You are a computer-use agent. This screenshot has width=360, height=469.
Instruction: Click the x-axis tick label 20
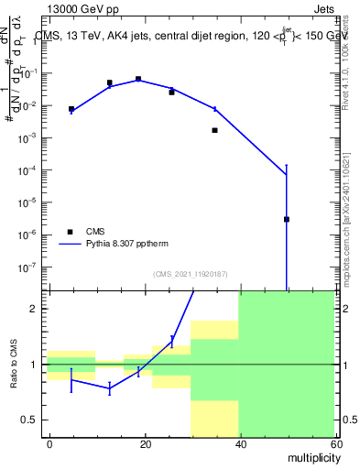click(x=145, y=443)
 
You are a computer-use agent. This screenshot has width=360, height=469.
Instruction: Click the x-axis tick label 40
click(x=239, y=443)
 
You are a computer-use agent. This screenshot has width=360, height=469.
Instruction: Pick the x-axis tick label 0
click(x=49, y=443)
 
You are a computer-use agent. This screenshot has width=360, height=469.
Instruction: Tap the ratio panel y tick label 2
click(x=36, y=309)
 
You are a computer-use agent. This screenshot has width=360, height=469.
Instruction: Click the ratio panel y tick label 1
click(x=36, y=365)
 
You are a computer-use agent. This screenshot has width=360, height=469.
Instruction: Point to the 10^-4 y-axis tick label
click(x=30, y=170)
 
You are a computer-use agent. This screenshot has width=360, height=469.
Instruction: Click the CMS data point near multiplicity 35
click(x=215, y=130)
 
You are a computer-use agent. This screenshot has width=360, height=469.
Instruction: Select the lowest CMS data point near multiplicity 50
click(x=287, y=219)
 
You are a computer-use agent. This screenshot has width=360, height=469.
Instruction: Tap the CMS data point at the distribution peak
click(x=138, y=79)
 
